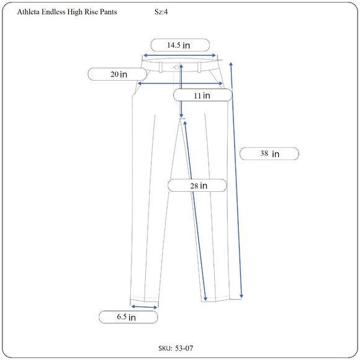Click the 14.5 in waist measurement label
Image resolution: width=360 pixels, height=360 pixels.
[180, 45]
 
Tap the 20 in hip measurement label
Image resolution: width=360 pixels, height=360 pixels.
[119, 74]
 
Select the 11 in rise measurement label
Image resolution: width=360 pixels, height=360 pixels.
[202, 96]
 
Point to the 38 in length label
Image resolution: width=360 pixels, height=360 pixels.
[269, 153]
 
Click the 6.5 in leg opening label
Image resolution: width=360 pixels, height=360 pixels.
[128, 317]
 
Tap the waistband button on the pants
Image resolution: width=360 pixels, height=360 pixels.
[177, 66]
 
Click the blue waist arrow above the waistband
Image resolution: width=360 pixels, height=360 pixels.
[180, 55]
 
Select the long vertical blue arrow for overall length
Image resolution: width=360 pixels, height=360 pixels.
[236, 180]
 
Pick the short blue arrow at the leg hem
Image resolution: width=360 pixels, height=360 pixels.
[144, 306]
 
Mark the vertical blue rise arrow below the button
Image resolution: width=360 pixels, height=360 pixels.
[181, 93]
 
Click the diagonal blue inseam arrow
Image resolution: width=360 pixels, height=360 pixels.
[194, 211]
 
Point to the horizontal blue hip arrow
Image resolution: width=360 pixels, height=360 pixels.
[180, 83]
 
